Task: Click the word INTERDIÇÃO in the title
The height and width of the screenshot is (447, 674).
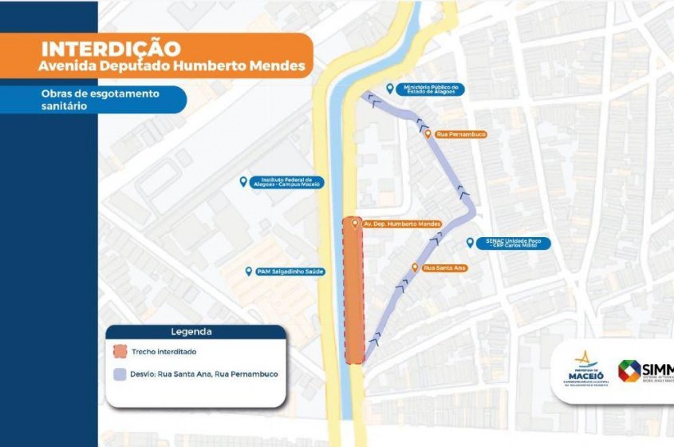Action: [111, 49]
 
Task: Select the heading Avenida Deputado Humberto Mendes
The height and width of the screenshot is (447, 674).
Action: [171, 66]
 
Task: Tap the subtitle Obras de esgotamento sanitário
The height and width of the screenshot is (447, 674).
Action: [100, 99]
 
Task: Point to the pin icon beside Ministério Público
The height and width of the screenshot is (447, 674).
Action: [389, 89]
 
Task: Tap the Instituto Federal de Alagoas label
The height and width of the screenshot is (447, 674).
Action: [285, 183]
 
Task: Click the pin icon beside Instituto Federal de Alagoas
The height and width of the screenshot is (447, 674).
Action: [243, 182]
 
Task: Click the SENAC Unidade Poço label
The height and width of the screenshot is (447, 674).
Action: [511, 243]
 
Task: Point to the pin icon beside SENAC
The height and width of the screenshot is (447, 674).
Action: [470, 241]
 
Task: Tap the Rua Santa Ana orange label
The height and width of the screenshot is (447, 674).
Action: [444, 267]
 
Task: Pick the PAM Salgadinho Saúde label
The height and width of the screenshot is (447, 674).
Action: [290, 271]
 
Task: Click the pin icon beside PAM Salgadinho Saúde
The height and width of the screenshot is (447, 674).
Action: [249, 271]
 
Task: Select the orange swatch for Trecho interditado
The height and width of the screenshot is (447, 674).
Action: [120, 351]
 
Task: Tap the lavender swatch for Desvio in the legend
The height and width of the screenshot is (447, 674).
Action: [120, 374]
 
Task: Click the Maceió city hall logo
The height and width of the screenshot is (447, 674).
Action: [585, 369]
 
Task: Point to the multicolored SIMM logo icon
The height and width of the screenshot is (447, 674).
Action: [629, 371]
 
